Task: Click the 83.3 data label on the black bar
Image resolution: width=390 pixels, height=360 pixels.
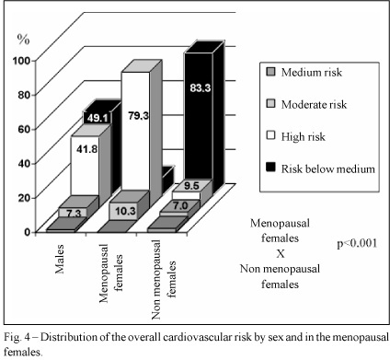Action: click(201, 88)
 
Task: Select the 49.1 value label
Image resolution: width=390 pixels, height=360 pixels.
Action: click(97, 118)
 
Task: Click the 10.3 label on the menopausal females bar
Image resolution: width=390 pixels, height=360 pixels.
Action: click(126, 211)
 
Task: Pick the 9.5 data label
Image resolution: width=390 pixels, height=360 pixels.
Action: click(192, 186)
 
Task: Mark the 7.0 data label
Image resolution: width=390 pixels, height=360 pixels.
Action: click(180, 205)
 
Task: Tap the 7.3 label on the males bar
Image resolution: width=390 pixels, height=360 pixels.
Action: click(74, 214)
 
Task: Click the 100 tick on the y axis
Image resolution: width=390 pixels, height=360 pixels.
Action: click(21, 61)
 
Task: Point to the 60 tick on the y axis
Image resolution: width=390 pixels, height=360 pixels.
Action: click(25, 129)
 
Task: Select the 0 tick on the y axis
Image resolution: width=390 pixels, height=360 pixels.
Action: click(28, 232)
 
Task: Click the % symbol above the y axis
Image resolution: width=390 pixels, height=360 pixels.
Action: click(23, 40)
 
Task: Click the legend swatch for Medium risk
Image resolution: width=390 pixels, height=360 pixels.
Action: click(270, 72)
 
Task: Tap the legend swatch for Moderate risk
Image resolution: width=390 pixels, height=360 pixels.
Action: click(270, 104)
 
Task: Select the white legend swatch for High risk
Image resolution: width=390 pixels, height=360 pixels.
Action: click(270, 135)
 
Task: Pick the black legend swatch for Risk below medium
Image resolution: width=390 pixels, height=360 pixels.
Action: click(270, 168)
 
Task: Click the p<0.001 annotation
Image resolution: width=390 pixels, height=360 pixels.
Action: click(357, 244)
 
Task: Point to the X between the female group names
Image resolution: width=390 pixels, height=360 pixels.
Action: click(281, 254)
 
